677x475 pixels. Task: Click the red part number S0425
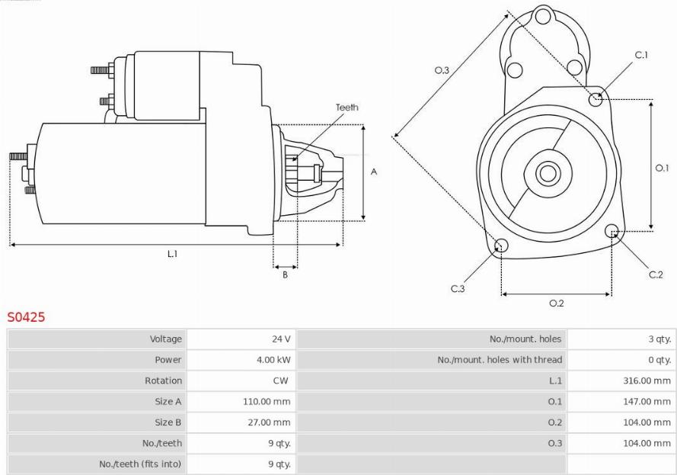[x=26, y=317]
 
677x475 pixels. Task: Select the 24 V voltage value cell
[x=281, y=339]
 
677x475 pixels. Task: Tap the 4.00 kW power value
[x=273, y=360]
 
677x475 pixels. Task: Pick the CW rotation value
[x=281, y=380]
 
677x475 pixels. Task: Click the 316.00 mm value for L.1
[x=647, y=380]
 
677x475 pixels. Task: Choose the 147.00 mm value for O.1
[x=647, y=402]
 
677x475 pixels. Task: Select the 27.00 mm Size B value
[x=269, y=422]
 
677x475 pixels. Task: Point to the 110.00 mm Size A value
[x=267, y=402]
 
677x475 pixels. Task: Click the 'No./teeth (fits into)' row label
[x=140, y=464]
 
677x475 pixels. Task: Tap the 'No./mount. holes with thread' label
[x=500, y=360]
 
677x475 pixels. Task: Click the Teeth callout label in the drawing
[x=347, y=108]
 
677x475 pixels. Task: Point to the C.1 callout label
[x=641, y=55]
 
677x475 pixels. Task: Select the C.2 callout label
[x=656, y=274]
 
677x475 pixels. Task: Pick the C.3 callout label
[x=458, y=288]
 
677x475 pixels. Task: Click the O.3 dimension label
[x=442, y=69]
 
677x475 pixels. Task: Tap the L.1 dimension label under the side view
[x=172, y=254]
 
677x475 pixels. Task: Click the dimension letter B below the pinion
[x=285, y=274]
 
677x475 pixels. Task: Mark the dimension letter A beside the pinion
[x=374, y=172]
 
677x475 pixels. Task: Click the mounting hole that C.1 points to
[x=596, y=99]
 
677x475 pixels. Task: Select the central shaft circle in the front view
[x=548, y=174]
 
